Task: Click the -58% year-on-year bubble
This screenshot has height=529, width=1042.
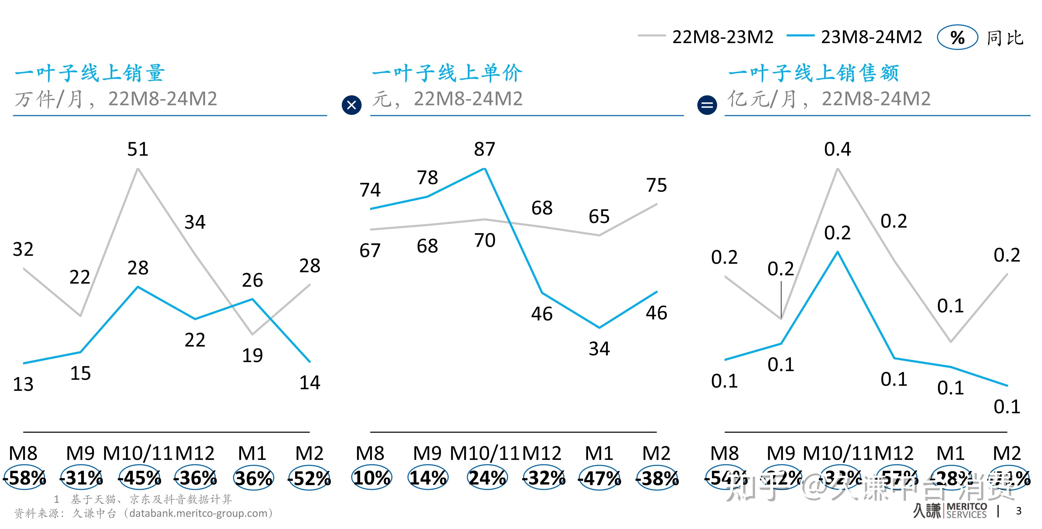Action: click(25, 478)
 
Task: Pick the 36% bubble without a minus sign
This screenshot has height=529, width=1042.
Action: click(254, 478)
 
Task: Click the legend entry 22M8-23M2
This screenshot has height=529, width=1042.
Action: click(723, 37)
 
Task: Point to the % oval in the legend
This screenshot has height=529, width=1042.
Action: click(957, 38)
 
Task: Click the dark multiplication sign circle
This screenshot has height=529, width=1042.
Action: click(352, 105)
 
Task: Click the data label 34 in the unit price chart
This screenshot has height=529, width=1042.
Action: click(599, 348)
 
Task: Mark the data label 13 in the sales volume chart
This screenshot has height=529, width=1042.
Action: click(23, 384)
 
